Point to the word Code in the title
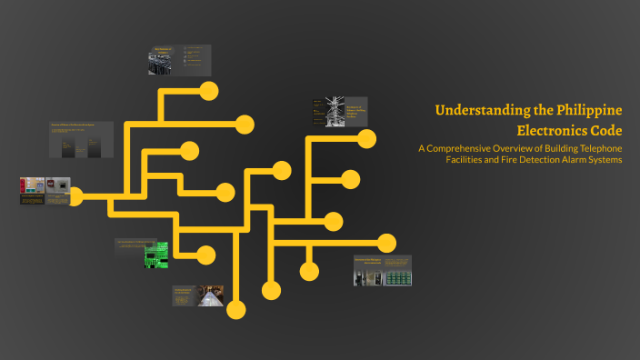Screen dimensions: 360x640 605,129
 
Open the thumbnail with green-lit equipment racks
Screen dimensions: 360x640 397,274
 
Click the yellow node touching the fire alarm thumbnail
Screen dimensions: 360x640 76,195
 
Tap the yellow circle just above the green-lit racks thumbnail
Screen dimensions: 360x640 386,243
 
